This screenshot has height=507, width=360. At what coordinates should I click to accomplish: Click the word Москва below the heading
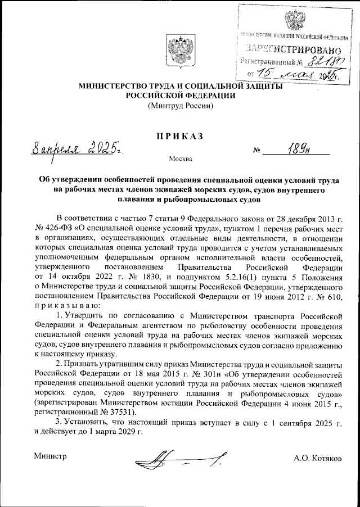click(x=181, y=159)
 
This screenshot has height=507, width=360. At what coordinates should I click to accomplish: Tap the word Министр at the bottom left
click(x=51, y=456)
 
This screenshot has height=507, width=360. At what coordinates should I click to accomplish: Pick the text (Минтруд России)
click(x=180, y=105)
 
